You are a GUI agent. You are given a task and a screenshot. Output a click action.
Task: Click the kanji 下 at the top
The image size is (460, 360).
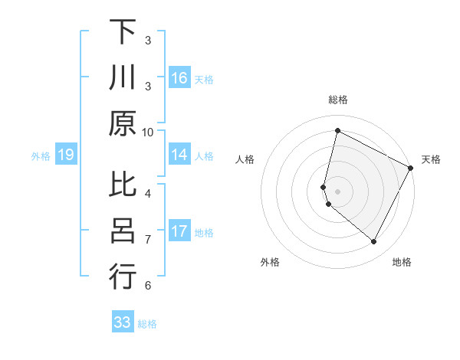coord(123,32)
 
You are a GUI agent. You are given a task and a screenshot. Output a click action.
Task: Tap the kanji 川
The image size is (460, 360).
coord(123,78)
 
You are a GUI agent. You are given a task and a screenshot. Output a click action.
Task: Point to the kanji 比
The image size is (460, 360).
coord(123,185)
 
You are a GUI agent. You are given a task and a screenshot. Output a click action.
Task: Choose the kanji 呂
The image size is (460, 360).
coord(123,231)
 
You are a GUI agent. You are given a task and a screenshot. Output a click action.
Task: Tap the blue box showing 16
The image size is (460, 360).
coord(179,78)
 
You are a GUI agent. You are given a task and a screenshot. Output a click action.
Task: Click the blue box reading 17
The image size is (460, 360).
coord(179,231)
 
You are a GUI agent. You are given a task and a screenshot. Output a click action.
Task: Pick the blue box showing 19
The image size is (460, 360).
coord(66,155)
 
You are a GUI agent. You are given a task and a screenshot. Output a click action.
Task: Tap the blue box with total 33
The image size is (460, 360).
coord(123,322)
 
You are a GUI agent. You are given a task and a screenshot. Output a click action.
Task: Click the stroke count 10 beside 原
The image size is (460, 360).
coord(148,132)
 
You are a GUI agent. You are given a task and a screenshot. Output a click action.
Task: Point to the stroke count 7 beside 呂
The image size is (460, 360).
coord(148,240)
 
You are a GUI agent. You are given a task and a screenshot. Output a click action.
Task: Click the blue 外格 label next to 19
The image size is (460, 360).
coord(41,156)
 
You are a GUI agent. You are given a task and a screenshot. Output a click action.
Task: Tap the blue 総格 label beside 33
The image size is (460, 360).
coord(147,324)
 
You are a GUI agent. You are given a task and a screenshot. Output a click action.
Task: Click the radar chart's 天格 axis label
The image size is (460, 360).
coord(431,159)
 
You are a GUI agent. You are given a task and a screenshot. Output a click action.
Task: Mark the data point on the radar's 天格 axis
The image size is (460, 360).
coord(410,168)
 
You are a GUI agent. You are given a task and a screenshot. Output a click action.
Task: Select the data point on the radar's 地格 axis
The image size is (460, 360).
coord(373,242)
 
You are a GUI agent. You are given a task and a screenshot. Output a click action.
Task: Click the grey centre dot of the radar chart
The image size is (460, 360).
coord(337,191)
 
